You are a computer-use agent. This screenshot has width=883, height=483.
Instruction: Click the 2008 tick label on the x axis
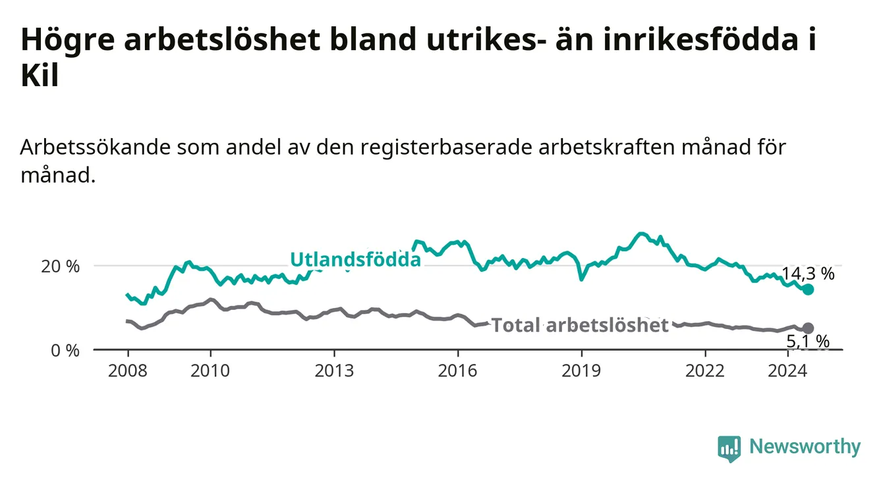127,371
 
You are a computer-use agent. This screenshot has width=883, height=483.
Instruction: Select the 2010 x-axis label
210,371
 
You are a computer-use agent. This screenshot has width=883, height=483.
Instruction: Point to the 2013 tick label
334,371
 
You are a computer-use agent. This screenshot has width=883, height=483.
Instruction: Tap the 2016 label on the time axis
458,371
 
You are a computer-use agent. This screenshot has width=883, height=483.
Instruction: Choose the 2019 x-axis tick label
581,371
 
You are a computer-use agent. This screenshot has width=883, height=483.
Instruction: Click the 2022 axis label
705,371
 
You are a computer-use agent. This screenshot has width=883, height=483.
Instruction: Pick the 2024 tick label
787,371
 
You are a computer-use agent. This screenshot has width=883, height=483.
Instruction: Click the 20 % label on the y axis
61,267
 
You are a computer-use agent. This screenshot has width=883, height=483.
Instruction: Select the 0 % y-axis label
65,350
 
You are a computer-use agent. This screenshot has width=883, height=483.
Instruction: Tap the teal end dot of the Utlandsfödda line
808,290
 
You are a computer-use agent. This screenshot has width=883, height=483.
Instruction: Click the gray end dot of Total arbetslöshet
808,328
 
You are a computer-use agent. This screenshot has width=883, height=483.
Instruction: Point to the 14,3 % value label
808,274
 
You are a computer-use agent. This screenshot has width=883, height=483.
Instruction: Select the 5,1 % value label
808,342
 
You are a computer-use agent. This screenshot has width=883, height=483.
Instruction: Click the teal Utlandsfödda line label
356,260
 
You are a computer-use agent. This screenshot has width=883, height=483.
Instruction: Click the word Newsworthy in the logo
805,446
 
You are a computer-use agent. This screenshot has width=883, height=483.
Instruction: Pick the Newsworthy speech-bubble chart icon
729,449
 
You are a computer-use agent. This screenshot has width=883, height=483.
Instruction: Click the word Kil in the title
40,75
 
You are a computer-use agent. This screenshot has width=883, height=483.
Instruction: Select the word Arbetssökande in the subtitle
96,147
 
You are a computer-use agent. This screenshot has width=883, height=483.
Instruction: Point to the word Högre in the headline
68,40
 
